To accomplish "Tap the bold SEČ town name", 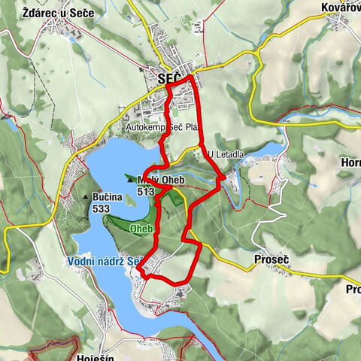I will click(170, 78).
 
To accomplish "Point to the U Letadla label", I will click(226, 154).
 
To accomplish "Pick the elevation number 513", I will click(146, 191).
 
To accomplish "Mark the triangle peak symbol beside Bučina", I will click(86, 197).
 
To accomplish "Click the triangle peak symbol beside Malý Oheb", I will click(131, 180).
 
